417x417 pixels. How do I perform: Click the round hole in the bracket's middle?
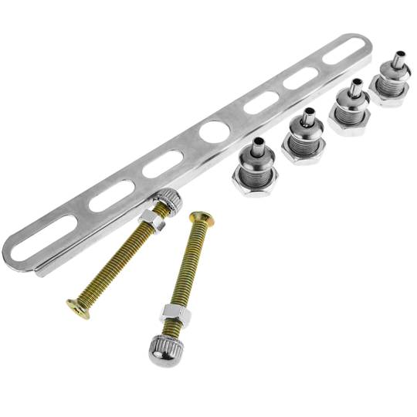tap(212, 132)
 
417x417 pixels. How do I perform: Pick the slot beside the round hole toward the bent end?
tap(163, 164)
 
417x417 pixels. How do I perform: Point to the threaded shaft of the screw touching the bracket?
tap(116, 263)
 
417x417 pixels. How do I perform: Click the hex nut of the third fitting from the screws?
tap(348, 124)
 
